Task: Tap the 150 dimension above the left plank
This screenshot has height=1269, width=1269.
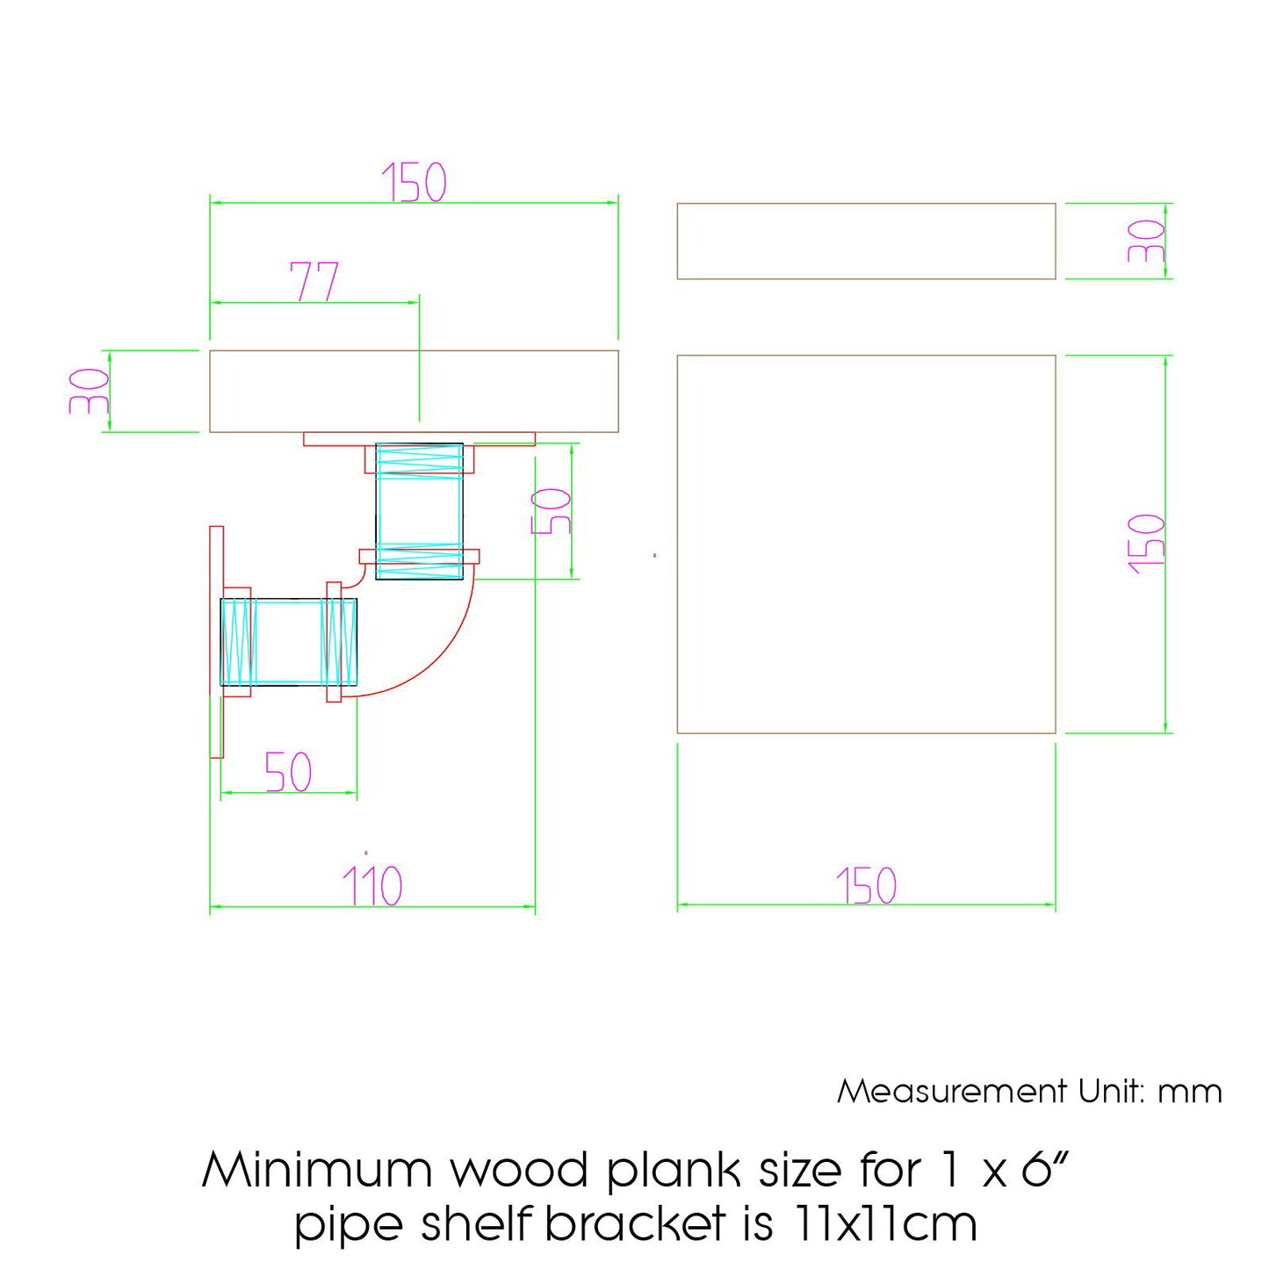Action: click(x=414, y=183)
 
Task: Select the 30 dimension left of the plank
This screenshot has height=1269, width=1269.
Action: click(x=90, y=391)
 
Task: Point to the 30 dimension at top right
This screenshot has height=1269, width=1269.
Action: click(x=1146, y=241)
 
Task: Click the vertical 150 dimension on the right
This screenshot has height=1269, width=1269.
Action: click(x=1146, y=544)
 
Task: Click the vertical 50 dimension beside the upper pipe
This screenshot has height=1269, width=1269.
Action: click(x=552, y=511)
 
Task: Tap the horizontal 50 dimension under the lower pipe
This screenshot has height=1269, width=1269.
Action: click(x=288, y=772)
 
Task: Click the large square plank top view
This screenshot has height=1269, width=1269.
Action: click(x=866, y=544)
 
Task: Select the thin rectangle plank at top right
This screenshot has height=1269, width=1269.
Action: click(x=866, y=241)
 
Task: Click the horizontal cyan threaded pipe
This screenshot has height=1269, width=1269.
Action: click(x=288, y=642)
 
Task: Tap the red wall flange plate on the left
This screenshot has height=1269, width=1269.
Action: click(x=216, y=642)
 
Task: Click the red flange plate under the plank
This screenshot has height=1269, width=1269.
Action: click(x=419, y=438)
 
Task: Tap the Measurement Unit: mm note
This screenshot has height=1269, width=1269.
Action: click(x=1029, y=1092)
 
